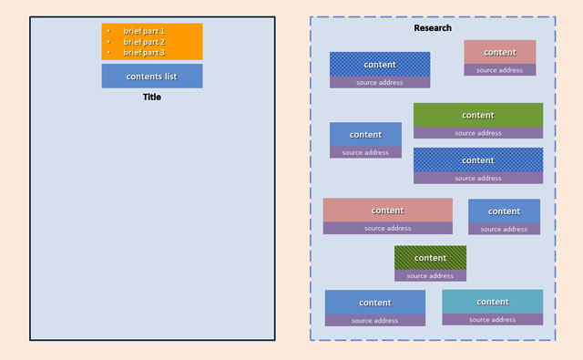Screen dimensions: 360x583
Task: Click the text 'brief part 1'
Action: point(144,31)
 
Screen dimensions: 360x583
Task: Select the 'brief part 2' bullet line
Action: point(144,42)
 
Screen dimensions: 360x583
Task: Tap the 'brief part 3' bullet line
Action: point(144,53)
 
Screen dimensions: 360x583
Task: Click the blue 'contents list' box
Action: point(151,76)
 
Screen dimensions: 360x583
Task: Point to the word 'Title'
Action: point(151,97)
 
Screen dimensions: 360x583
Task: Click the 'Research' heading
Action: point(432,28)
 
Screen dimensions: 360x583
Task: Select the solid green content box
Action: point(477,115)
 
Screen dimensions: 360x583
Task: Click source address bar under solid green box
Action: point(477,133)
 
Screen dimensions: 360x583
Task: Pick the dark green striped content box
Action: point(430,257)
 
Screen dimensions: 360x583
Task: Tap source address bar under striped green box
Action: point(430,275)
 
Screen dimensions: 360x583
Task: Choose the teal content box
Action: point(492,302)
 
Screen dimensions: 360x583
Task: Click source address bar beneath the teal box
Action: point(492,320)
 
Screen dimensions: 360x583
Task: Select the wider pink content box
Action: point(387,210)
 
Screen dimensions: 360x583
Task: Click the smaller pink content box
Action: point(499,52)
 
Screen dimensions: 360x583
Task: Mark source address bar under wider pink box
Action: point(387,229)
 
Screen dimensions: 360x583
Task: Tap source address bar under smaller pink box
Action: point(499,70)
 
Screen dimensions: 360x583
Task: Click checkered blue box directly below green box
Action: point(477,159)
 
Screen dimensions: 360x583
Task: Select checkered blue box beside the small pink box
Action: point(379,64)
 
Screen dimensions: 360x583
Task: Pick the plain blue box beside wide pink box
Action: point(504,211)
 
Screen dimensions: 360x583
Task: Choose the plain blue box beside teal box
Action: point(374,302)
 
